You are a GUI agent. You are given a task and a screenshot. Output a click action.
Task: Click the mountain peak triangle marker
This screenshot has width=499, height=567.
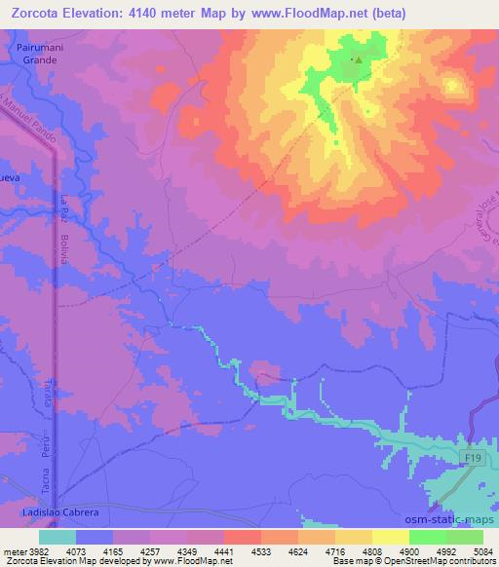click(358, 59)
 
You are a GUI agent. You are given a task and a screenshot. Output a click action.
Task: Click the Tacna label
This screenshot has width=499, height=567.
click(45, 480)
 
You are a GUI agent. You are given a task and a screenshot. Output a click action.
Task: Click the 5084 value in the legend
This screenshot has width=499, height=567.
click(483, 550)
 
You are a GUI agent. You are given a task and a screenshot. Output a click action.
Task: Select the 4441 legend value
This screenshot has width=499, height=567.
click(224, 550)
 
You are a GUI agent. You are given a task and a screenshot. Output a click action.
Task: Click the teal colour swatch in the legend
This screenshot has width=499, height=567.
click(58, 536)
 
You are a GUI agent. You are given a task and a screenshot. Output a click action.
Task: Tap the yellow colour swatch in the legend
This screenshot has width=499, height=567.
click(391, 536)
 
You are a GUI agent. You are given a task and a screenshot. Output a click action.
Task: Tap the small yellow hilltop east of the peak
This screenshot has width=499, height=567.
click(452, 86)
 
